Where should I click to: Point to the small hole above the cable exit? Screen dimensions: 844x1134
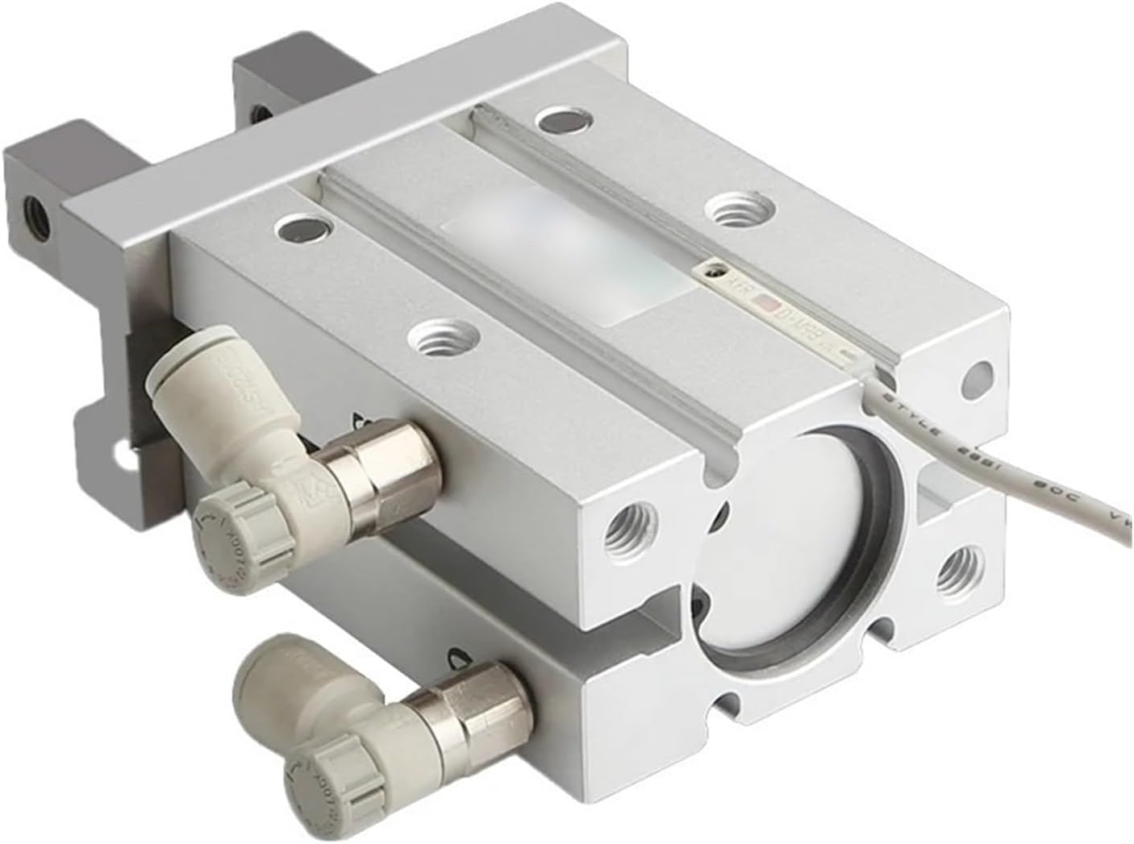[x=978, y=373]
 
